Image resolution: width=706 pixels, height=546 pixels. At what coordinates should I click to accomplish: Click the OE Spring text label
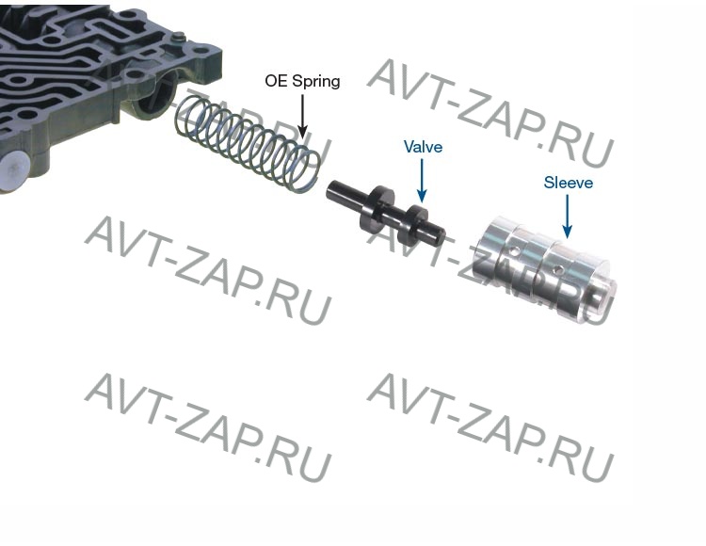click(302, 81)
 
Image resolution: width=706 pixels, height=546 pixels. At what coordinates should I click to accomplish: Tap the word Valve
click(423, 148)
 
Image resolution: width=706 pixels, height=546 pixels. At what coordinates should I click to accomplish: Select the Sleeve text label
click(568, 183)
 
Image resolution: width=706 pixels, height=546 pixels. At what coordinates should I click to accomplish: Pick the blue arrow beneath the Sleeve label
click(568, 217)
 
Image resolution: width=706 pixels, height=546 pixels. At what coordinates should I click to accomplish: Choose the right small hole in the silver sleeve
click(561, 271)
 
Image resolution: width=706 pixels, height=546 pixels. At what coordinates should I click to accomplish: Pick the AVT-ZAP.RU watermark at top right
click(490, 114)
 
